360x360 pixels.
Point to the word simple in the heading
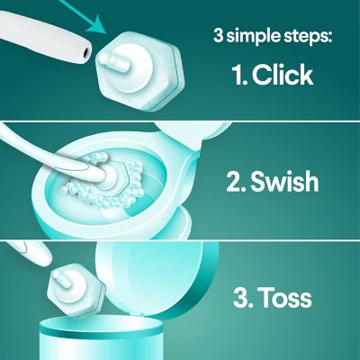[262, 37]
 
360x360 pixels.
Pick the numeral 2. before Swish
[238, 182]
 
